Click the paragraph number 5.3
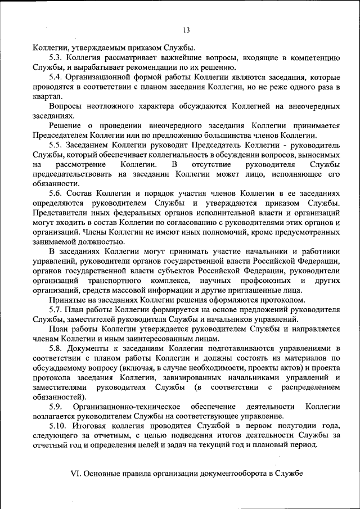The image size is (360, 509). [x=56, y=57]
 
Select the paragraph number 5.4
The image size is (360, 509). [x=56, y=77]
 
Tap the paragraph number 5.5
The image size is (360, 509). [x=56, y=144]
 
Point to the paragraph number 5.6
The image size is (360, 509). [x=56, y=192]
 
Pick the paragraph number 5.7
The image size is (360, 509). [x=56, y=309]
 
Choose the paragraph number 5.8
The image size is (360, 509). [x=56, y=348]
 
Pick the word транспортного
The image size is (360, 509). [x=112, y=280]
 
